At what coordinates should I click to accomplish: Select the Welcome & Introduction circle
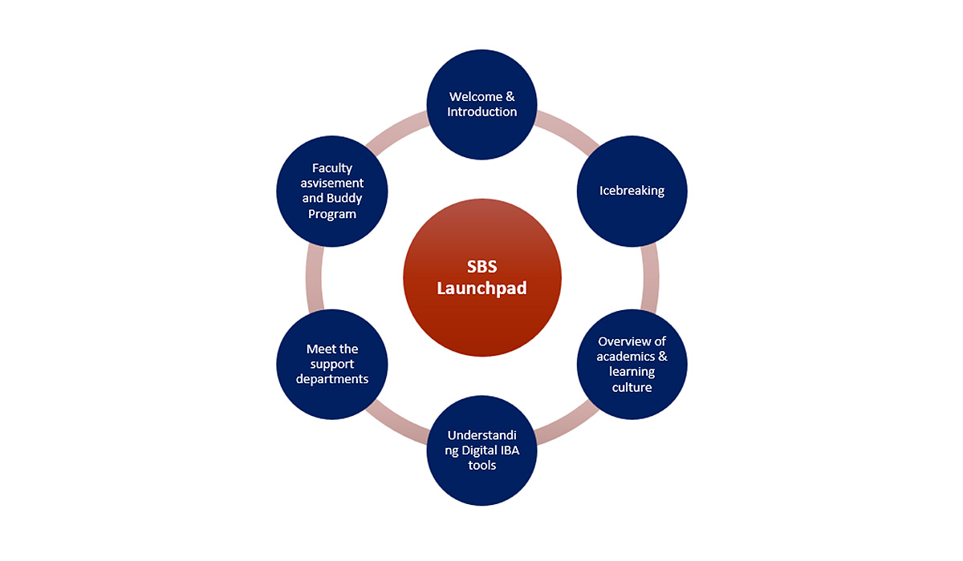tap(481, 104)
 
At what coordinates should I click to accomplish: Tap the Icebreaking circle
tap(632, 191)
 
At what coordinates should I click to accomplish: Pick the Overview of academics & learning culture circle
tap(632, 364)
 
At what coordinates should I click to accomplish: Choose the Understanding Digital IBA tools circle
tap(481, 450)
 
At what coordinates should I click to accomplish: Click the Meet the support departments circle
tap(331, 364)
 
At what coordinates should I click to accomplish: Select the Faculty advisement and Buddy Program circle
tap(331, 191)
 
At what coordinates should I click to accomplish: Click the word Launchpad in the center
tap(481, 288)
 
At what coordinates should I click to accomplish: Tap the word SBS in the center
tap(481, 267)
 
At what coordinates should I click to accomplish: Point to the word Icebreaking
tap(632, 191)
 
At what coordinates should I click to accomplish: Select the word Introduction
tap(481, 112)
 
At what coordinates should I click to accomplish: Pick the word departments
tap(332, 378)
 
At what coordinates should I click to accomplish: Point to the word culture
tap(632, 387)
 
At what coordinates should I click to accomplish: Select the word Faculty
tap(332, 168)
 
